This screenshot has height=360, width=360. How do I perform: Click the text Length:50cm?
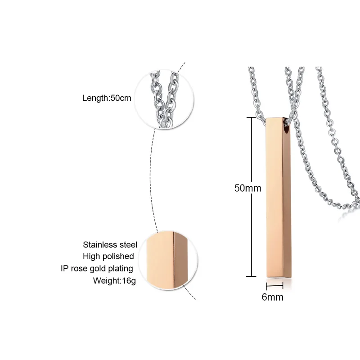point(107,98)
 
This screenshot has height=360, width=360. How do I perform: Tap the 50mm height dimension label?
point(247,189)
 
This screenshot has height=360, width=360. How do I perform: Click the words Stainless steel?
point(110,244)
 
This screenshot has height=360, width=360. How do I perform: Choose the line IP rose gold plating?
point(97,268)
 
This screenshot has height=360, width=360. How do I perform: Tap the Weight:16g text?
point(113,280)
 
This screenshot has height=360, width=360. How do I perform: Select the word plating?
point(121,269)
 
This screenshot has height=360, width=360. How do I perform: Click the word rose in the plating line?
point(77,269)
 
